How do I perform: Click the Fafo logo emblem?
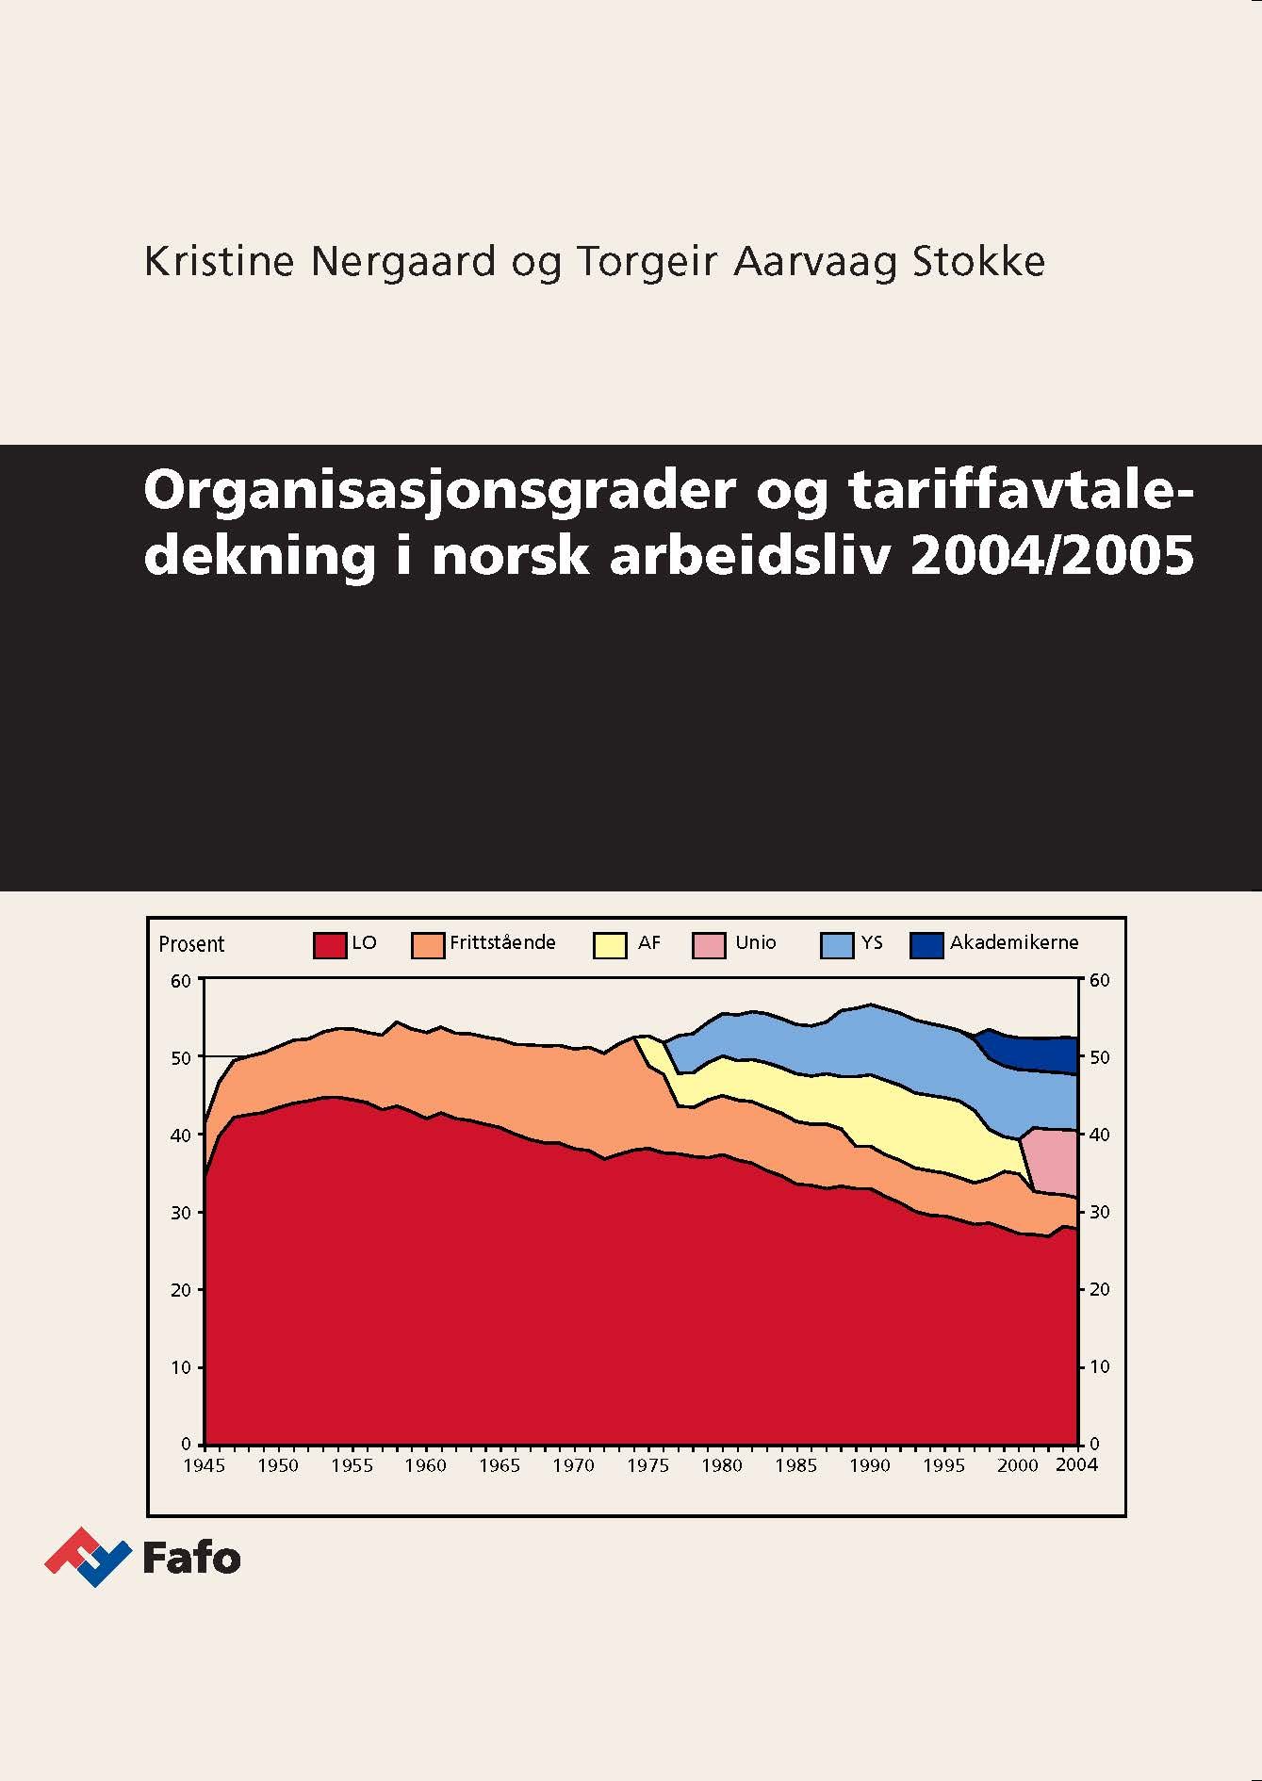point(87,1557)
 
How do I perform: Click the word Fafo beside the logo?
point(191,1559)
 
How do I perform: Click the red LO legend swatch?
point(330,945)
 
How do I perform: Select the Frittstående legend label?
point(502,942)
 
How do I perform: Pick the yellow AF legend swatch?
point(610,945)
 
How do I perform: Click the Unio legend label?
point(756,942)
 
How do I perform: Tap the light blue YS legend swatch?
point(837,945)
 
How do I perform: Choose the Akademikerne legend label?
point(1014,942)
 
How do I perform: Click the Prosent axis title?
point(191,944)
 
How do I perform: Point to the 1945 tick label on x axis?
point(204,1464)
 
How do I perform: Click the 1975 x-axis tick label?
point(647,1464)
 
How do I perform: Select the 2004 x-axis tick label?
point(1076,1464)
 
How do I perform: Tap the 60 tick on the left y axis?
point(181,980)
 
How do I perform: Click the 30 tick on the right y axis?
point(1100,1212)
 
